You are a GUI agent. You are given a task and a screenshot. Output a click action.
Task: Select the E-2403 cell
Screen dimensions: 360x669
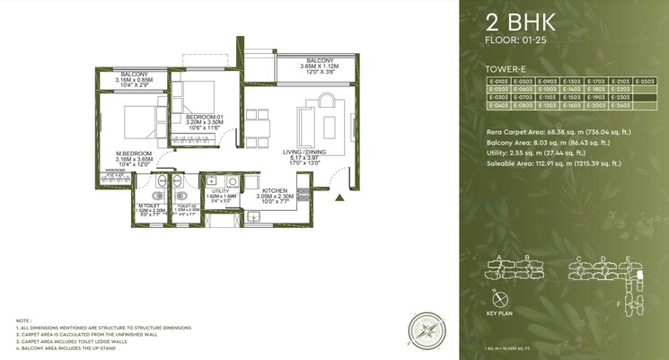(x=620, y=105)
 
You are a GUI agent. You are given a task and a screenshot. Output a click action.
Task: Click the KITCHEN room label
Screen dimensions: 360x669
(x=274, y=191)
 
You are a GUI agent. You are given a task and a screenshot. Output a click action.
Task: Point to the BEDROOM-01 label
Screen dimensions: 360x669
(x=202, y=117)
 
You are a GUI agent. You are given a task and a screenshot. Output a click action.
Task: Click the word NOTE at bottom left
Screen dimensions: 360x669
(x=24, y=320)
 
